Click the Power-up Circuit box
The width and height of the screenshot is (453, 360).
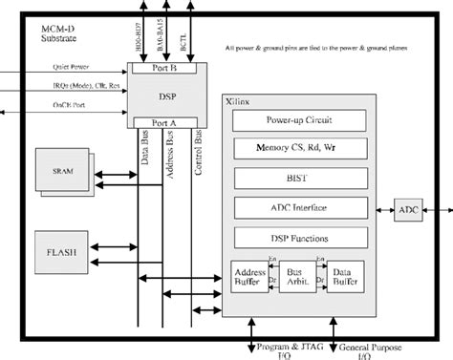[301, 122]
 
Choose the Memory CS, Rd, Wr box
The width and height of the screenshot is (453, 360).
[301, 149]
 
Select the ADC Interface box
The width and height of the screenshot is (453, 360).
[301, 206]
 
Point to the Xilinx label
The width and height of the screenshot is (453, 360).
[250, 99]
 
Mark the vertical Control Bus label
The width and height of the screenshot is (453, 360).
[200, 152]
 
